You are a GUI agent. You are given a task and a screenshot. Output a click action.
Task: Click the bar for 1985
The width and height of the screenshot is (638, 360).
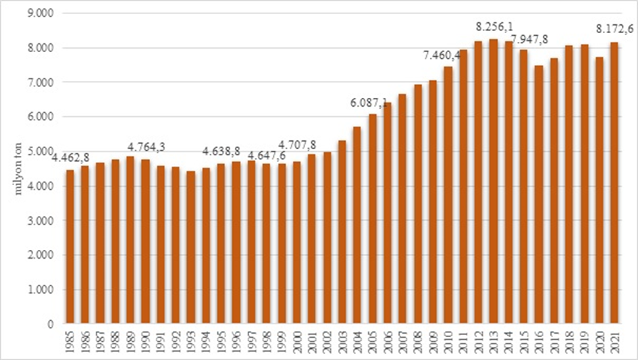70,247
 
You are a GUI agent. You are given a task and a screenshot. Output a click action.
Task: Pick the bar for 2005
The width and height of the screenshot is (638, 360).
372,219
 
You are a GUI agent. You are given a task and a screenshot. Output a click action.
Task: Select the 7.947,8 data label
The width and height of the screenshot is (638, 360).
530,40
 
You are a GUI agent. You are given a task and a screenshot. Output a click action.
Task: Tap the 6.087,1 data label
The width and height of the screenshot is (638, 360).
369,103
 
